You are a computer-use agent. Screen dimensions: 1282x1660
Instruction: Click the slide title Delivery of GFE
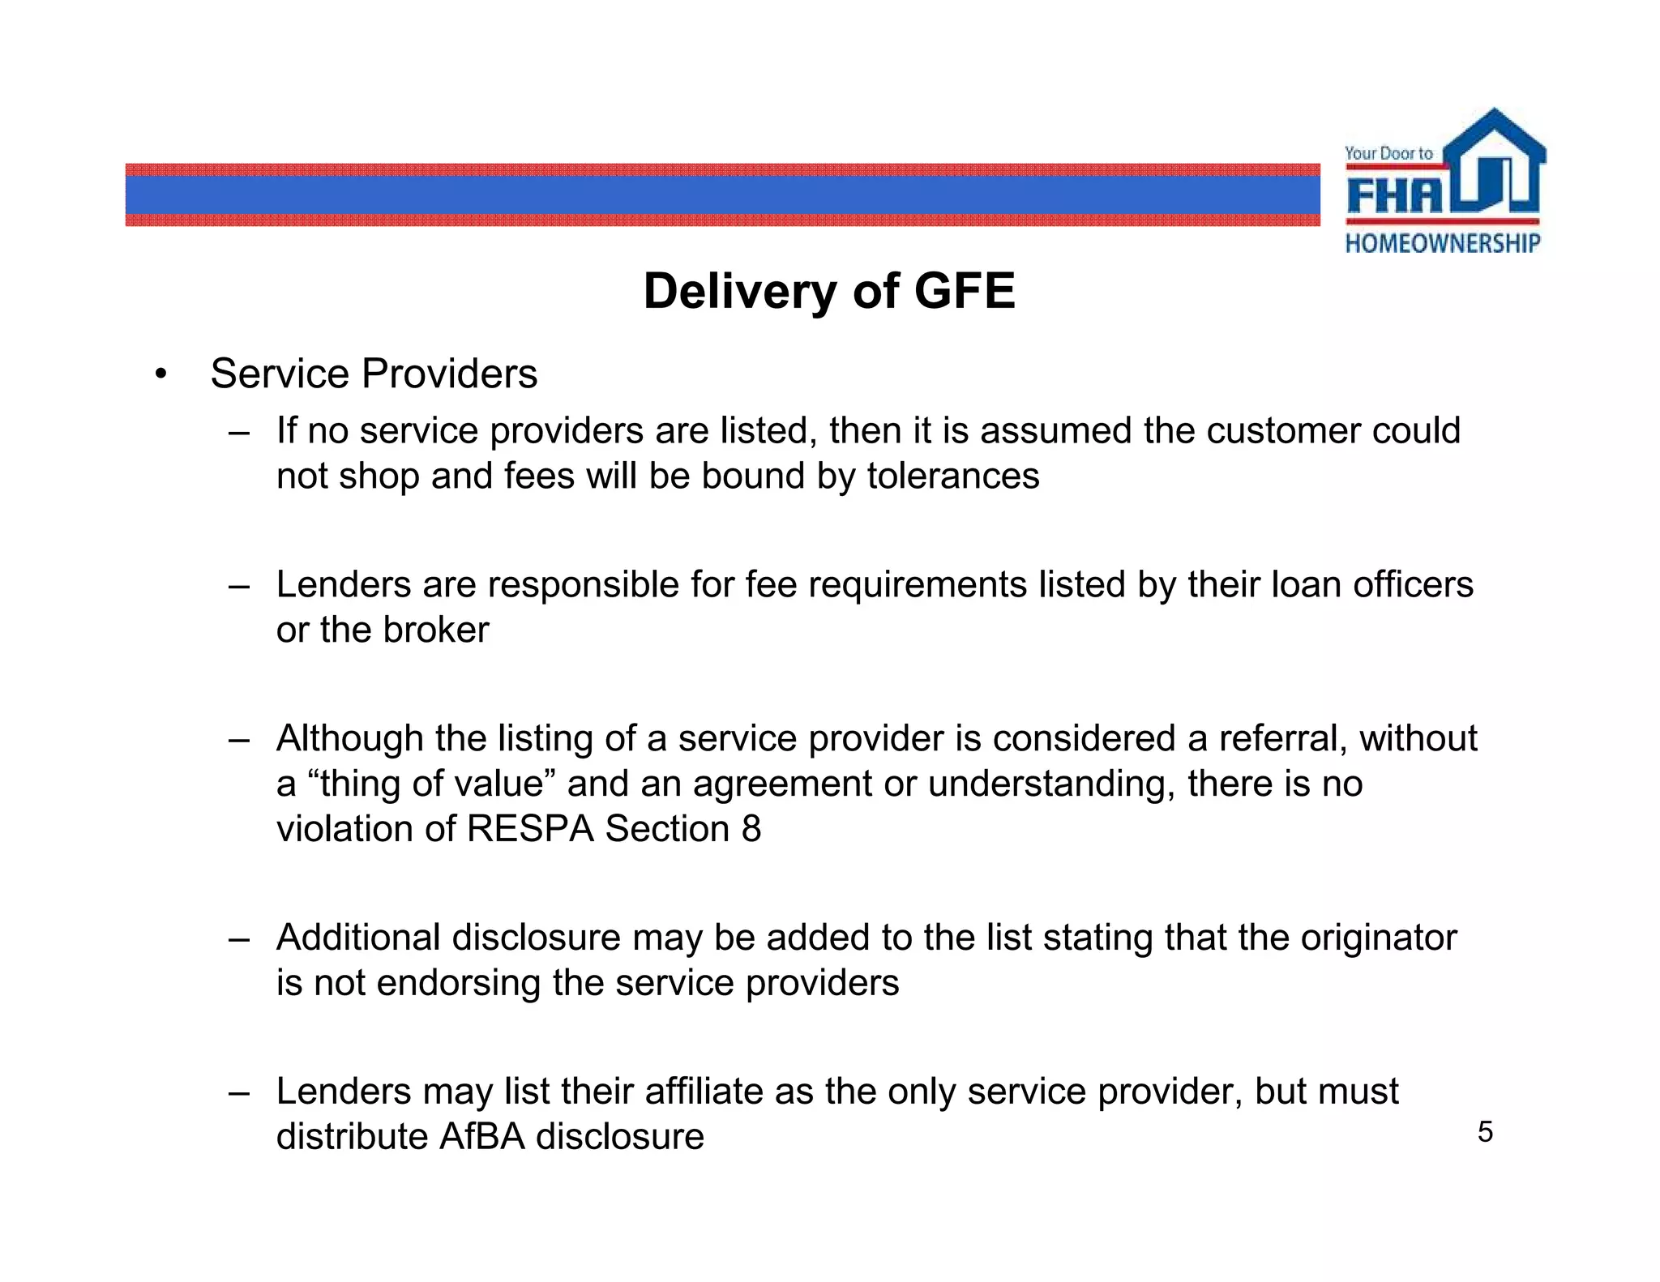click(828, 291)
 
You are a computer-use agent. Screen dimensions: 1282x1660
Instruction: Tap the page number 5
click(1484, 1132)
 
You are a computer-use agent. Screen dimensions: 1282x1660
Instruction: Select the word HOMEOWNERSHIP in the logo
click(1443, 243)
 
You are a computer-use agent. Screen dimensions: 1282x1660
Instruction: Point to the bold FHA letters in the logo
click(1394, 195)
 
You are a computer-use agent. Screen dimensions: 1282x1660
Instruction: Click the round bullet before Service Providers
click(161, 375)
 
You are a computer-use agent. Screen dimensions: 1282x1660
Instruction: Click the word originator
click(1379, 938)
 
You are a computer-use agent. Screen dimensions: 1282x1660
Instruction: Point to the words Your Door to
click(1388, 153)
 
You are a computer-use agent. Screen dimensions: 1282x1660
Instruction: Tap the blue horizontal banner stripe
click(721, 195)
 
